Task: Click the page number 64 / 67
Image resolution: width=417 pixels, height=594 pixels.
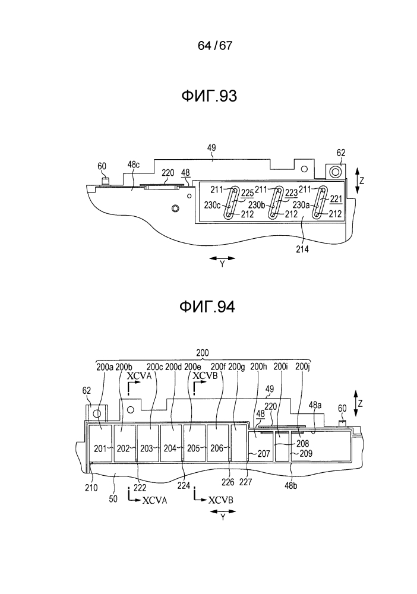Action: click(215, 46)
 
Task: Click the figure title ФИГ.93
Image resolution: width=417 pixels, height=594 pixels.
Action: click(209, 96)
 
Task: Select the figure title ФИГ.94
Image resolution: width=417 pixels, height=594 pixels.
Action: click(207, 307)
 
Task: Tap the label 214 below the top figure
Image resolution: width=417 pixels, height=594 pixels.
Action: click(302, 249)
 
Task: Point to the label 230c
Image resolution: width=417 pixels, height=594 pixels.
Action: click(212, 205)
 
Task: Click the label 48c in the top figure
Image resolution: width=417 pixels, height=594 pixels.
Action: click(133, 165)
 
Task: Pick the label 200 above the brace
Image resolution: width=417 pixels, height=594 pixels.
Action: click(203, 353)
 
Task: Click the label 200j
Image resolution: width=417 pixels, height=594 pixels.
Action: click(302, 366)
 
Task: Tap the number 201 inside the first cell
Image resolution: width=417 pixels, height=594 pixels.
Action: click(100, 448)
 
